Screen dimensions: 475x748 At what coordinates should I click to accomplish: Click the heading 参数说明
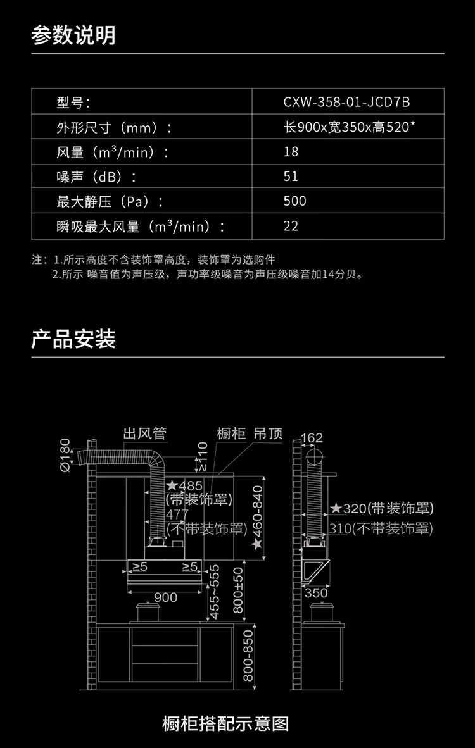[73, 35]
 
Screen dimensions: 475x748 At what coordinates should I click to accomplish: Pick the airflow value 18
[291, 152]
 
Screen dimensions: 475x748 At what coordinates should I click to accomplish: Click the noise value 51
[291, 177]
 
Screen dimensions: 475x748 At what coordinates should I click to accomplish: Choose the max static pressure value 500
[294, 201]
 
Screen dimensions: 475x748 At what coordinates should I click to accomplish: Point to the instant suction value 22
[291, 226]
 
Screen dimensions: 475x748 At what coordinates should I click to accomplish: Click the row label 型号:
[73, 102]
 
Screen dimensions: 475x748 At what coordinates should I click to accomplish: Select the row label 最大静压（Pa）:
[110, 201]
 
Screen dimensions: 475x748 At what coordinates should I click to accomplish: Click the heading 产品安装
[73, 339]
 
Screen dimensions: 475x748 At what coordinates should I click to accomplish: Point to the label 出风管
[144, 433]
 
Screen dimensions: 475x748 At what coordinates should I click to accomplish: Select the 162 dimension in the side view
[312, 438]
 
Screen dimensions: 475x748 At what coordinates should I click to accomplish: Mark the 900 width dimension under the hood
[165, 597]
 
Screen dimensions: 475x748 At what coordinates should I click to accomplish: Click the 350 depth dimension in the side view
[316, 593]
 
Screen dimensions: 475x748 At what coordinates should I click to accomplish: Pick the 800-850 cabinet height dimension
[248, 655]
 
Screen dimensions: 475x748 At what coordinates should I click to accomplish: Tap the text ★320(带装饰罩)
[382, 509]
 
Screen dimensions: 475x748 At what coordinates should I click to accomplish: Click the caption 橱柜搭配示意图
[225, 723]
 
